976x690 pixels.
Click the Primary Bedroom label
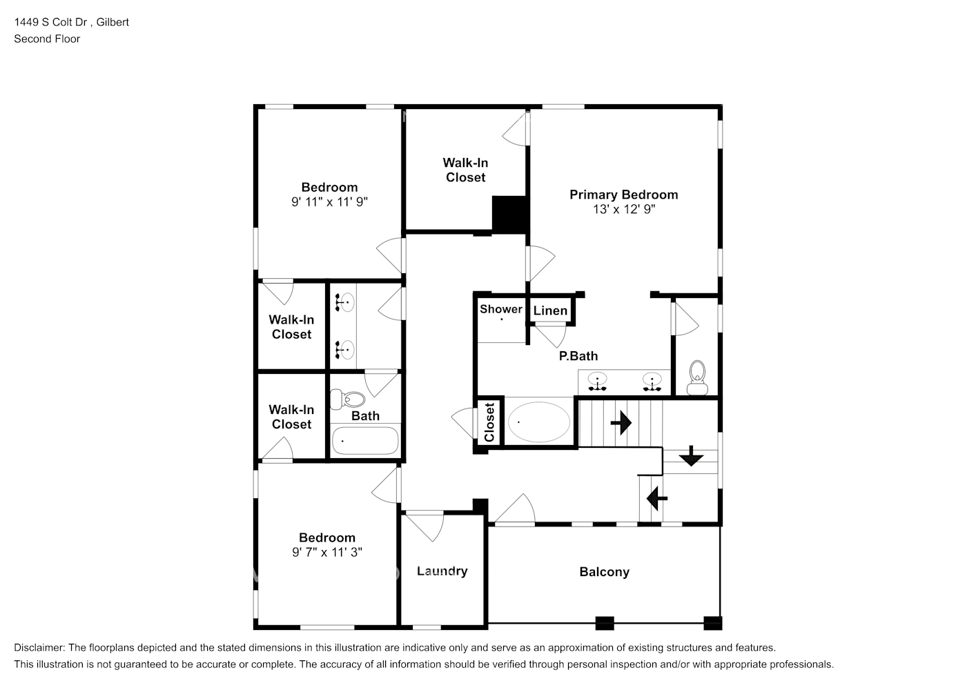pyautogui.click(x=623, y=195)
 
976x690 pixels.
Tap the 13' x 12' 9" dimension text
pyautogui.click(x=623, y=209)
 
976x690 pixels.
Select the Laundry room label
pyautogui.click(x=442, y=571)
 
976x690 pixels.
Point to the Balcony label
pyautogui.click(x=604, y=571)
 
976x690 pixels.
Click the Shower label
pyautogui.click(x=501, y=308)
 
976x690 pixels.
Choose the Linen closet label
pyautogui.click(x=550, y=310)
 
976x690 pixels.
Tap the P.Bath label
pyautogui.click(x=578, y=356)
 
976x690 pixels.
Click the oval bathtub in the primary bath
pyautogui.click(x=539, y=422)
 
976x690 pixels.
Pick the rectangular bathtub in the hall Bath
pyautogui.click(x=365, y=441)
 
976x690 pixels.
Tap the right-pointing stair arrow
pyautogui.click(x=621, y=422)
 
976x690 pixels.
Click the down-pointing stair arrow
pyautogui.click(x=690, y=457)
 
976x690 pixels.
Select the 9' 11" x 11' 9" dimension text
pyautogui.click(x=329, y=202)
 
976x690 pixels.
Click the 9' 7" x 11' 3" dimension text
pyautogui.click(x=326, y=552)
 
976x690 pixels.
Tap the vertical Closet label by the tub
pyautogui.click(x=489, y=422)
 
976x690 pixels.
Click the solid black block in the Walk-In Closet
pyautogui.click(x=510, y=214)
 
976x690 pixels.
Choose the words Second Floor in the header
pyautogui.click(x=47, y=39)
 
